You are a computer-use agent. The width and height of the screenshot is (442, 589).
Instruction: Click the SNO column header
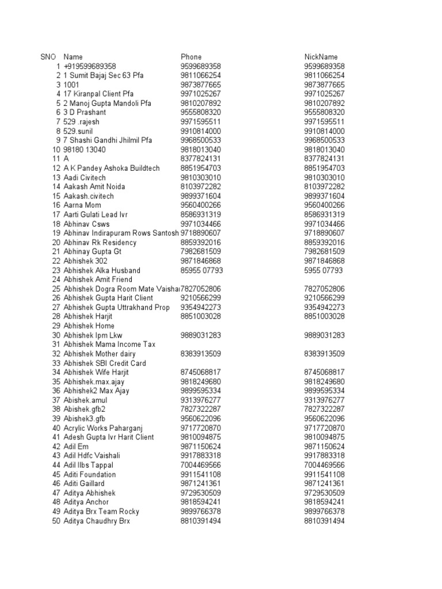coord(48,57)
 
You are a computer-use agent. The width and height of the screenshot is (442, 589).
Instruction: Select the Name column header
coord(73,57)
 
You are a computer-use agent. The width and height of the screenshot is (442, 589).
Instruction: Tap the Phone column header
coord(191,57)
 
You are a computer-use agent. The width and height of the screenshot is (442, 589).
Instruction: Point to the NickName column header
coord(321,57)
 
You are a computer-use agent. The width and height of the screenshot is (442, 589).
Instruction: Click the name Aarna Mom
coord(85,205)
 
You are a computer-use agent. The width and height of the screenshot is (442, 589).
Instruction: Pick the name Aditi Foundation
coord(89,475)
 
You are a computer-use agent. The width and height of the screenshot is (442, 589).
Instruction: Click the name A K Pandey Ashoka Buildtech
coord(112,169)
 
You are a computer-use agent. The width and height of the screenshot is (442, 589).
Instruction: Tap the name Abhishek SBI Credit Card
coord(105,363)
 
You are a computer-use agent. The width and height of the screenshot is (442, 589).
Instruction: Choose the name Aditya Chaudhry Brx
coord(97,521)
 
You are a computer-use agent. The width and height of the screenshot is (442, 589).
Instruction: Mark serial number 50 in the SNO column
coord(56,521)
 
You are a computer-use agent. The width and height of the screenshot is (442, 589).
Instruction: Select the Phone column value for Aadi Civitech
coord(201,178)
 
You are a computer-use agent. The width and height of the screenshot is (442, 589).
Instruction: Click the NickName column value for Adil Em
coord(324,446)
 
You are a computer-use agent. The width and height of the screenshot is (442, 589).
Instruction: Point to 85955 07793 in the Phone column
coord(201,270)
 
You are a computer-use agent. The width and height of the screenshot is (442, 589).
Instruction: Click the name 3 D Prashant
coord(85,113)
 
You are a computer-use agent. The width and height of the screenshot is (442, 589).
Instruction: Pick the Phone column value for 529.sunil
coord(201,131)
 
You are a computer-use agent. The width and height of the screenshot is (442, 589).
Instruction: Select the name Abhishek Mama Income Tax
coord(109,345)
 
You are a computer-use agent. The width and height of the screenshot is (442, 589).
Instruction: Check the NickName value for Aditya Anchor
coord(324,502)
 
